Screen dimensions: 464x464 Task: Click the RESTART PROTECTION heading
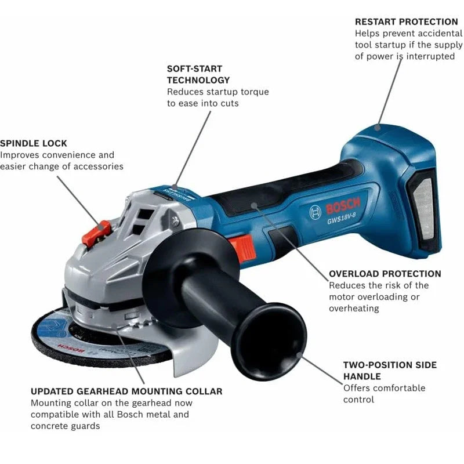click(x=406, y=21)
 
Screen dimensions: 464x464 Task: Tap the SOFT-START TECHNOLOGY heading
click(x=198, y=74)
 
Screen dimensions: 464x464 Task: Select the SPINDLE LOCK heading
click(x=34, y=143)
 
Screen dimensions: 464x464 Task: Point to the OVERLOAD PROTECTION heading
click(x=385, y=273)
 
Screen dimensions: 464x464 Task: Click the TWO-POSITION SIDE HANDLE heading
click(x=390, y=371)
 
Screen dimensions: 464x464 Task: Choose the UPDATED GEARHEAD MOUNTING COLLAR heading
click(x=126, y=391)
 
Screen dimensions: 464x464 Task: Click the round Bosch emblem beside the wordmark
click(x=316, y=211)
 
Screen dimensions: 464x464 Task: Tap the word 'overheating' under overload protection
click(x=354, y=308)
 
